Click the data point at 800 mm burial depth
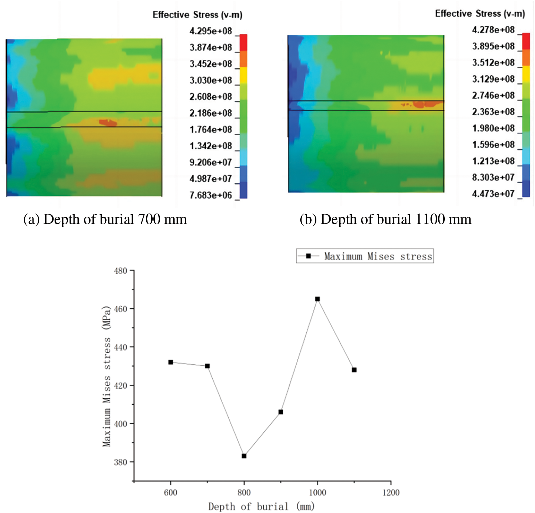click(x=244, y=456)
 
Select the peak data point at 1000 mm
click(x=317, y=299)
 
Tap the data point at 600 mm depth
click(x=170, y=362)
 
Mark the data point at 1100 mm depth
click(x=354, y=370)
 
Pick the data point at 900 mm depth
click(x=281, y=412)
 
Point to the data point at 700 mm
click(x=207, y=366)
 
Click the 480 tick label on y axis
click(x=121, y=271)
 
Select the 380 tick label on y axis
click(x=121, y=462)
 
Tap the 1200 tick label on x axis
click(x=391, y=493)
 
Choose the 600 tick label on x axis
click(x=170, y=493)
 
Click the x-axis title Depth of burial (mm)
click(x=261, y=507)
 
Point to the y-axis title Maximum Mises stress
click(x=107, y=376)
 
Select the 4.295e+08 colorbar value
click(x=211, y=31)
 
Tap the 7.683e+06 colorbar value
click(x=211, y=195)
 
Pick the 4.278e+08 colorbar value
click(x=493, y=30)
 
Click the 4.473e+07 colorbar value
click(x=493, y=194)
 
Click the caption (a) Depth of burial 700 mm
click(x=105, y=219)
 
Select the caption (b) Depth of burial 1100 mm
click(x=386, y=219)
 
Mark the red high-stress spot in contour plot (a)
click(x=108, y=123)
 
